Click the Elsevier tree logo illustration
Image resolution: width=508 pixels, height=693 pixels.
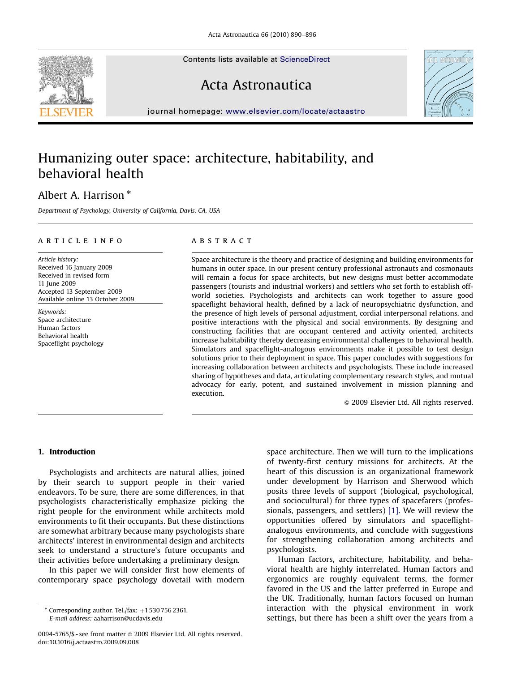pyautogui.click(x=66, y=80)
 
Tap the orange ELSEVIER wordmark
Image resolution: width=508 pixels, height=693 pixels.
pyautogui.click(x=66, y=112)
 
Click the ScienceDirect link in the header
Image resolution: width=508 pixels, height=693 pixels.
pyautogui.click(x=305, y=60)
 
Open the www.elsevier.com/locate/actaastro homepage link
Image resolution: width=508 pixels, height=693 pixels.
pyautogui.click(x=295, y=111)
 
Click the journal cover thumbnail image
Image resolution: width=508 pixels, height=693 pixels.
pyautogui.click(x=448, y=83)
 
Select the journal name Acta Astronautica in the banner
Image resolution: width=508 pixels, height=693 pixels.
pyautogui.click(x=256, y=85)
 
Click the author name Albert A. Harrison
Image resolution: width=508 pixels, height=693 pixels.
pyautogui.click(x=81, y=196)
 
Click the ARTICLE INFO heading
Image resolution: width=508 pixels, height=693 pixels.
pyautogui.click(x=80, y=241)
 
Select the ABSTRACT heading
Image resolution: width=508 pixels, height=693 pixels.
pyautogui.click(x=222, y=241)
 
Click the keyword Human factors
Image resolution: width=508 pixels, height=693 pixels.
pyautogui.click(x=59, y=328)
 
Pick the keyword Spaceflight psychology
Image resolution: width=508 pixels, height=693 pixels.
pyautogui.click(x=71, y=344)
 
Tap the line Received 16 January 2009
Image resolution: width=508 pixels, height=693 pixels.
pyautogui.click(x=75, y=267)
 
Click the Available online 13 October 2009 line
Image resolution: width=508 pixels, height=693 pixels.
pyautogui.click(x=86, y=299)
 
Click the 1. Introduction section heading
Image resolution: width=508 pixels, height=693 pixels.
pyautogui.click(x=67, y=452)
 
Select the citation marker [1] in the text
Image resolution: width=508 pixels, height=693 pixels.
pyautogui.click(x=393, y=511)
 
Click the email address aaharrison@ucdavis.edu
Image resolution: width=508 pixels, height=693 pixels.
pyautogui.click(x=128, y=618)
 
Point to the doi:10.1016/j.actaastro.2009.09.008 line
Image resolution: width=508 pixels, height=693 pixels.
pyautogui.click(x=88, y=642)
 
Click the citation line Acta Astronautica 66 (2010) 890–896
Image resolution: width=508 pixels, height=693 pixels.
pyautogui.click(x=262, y=35)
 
